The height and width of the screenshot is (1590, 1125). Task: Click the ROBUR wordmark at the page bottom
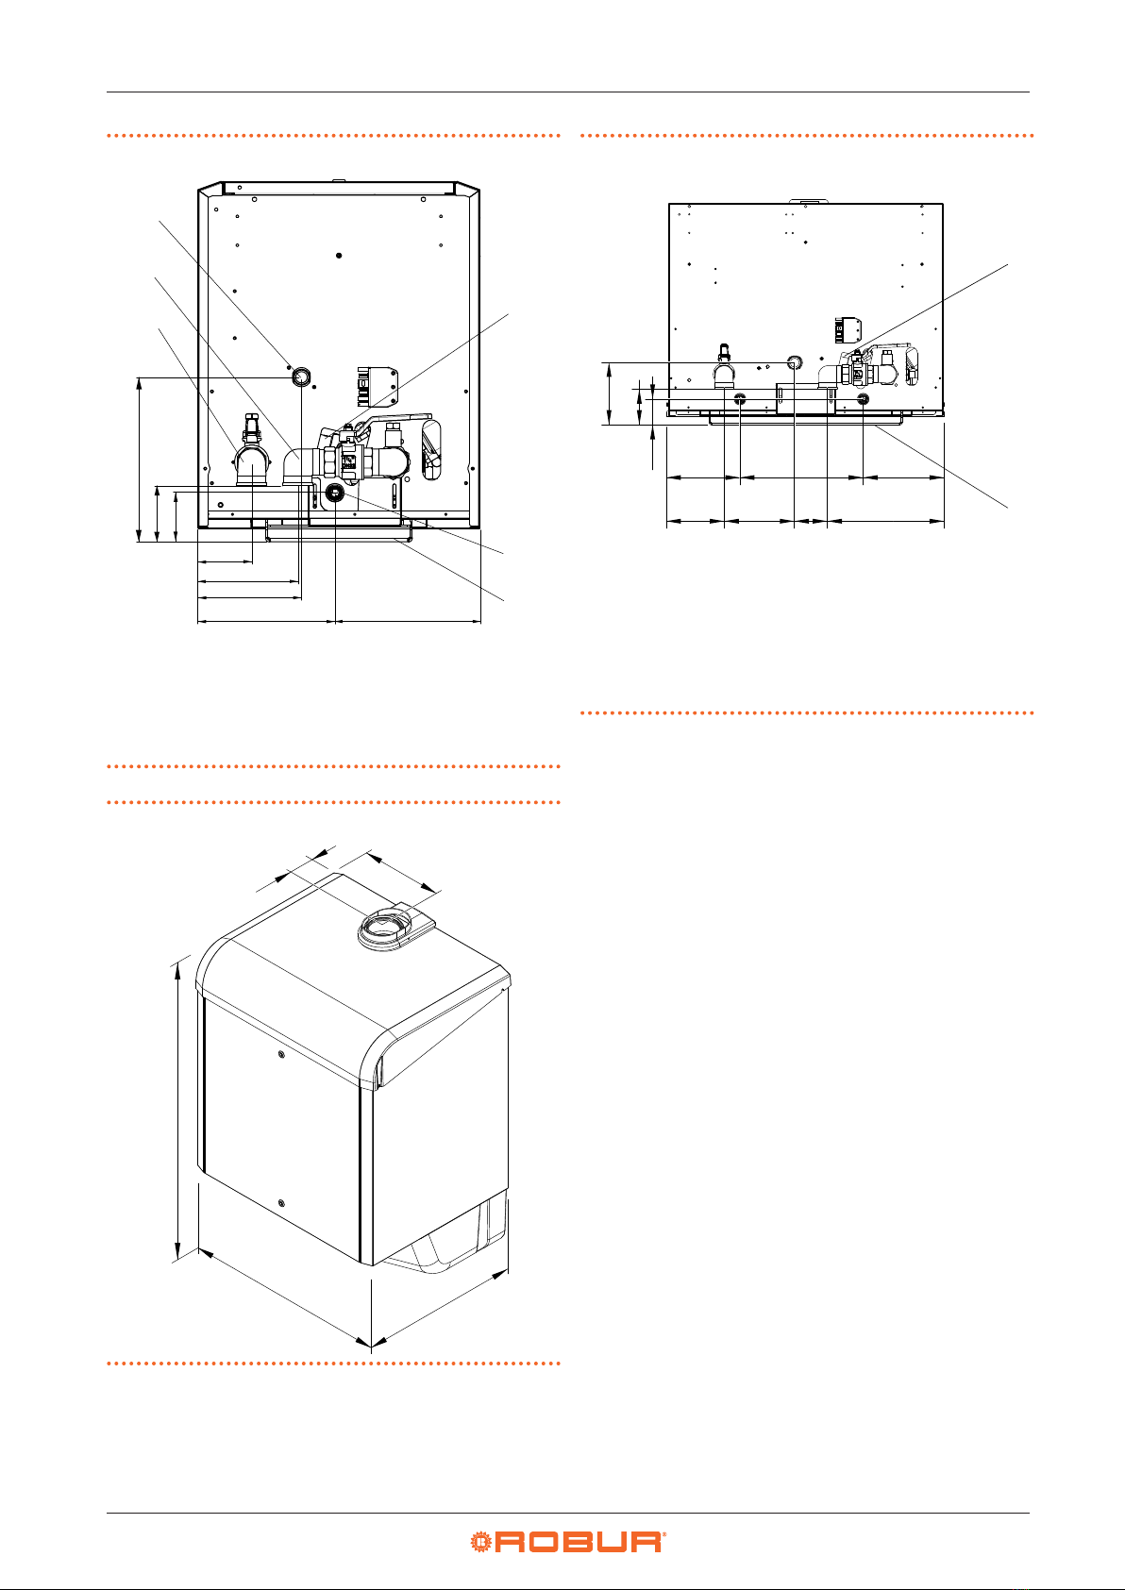[x=577, y=1541]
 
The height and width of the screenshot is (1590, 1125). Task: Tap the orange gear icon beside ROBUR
[x=480, y=1541]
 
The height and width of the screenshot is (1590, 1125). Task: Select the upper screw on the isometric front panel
[x=282, y=1055]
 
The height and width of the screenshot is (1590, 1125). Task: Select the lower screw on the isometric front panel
[x=282, y=1202]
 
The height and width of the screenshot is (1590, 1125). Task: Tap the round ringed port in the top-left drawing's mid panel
[x=302, y=376]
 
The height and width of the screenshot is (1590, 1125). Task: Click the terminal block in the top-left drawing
[x=378, y=386]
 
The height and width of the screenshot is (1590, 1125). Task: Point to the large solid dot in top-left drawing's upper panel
[x=339, y=256]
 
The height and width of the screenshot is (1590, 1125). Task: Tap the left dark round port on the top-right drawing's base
[x=740, y=399]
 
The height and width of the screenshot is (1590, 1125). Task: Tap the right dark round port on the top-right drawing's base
[x=863, y=399]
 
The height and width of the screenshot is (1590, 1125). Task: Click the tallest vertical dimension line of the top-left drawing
[x=139, y=460]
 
